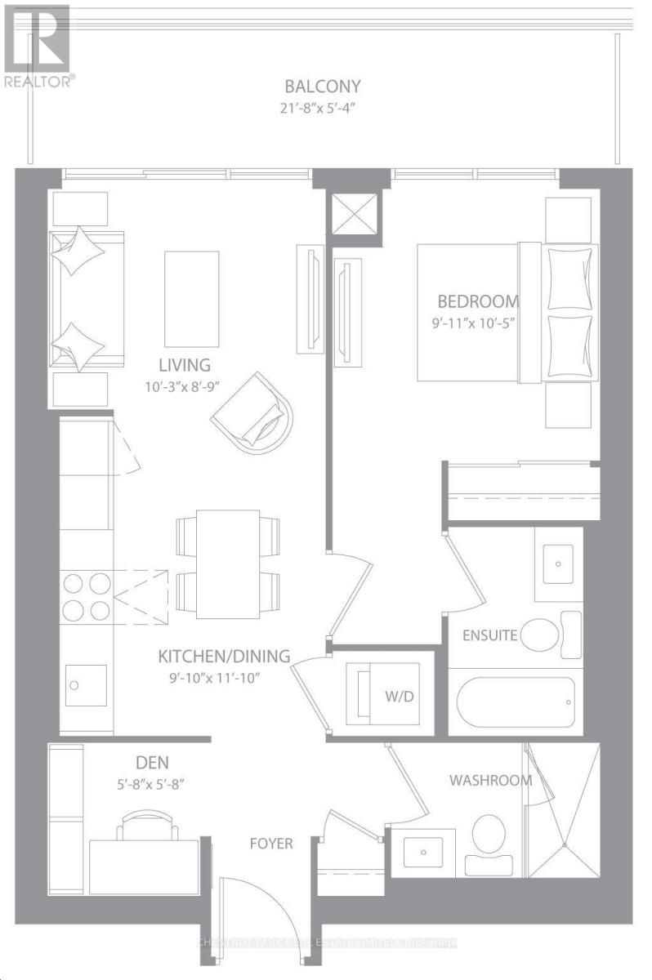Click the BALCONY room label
pyautogui.click(x=322, y=86)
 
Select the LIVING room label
pyautogui.click(x=185, y=364)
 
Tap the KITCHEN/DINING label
pyautogui.click(x=224, y=655)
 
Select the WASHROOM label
pyautogui.click(x=490, y=780)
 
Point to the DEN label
pyautogui.click(x=152, y=763)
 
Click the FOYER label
pyautogui.click(x=271, y=843)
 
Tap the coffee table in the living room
pyautogui.click(x=192, y=299)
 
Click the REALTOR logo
pyautogui.click(x=38, y=45)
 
